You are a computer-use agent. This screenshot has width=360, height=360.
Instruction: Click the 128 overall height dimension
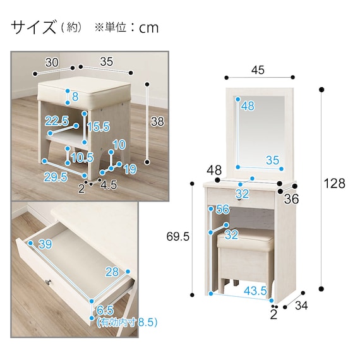(x=334, y=183)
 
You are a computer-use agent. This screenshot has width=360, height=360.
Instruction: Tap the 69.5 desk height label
(x=177, y=236)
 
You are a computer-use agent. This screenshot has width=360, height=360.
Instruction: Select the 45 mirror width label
(x=258, y=70)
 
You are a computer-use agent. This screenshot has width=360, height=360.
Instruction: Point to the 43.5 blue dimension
(x=255, y=291)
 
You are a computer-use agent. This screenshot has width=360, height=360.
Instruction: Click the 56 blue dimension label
(x=222, y=209)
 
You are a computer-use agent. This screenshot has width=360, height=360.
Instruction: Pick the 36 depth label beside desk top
(x=291, y=199)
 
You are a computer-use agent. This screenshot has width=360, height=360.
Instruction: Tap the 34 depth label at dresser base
(x=301, y=305)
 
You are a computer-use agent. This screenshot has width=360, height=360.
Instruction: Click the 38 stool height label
(x=157, y=121)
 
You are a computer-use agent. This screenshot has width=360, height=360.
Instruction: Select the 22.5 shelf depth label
(x=57, y=121)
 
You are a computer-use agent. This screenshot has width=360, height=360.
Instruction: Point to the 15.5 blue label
(x=99, y=126)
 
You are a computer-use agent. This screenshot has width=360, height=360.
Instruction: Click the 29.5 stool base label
(x=56, y=177)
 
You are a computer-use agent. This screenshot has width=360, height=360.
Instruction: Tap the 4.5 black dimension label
(x=109, y=185)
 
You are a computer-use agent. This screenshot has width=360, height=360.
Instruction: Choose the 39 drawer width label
(x=45, y=244)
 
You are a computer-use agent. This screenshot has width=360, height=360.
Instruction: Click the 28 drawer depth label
(x=112, y=272)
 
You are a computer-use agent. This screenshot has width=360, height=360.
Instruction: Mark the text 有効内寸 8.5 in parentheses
(x=127, y=323)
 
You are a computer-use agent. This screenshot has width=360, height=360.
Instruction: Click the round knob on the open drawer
(x=48, y=282)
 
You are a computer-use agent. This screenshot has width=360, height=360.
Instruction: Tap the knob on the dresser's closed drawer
(x=240, y=200)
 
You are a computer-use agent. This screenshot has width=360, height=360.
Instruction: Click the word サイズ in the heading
(x=33, y=27)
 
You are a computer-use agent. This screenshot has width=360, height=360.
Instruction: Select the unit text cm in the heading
(x=149, y=28)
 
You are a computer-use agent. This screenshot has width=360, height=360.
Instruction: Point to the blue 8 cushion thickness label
(x=75, y=97)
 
